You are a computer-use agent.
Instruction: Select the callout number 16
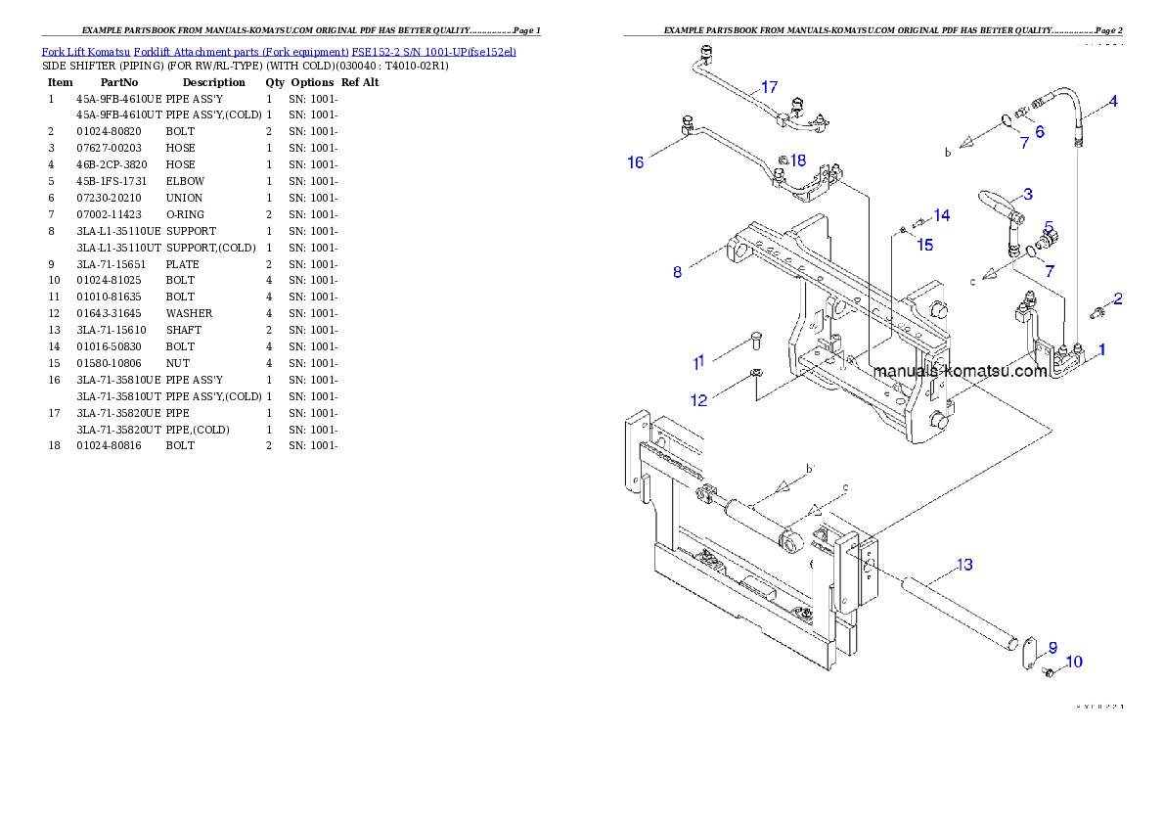(x=636, y=162)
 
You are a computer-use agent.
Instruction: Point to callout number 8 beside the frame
(x=677, y=272)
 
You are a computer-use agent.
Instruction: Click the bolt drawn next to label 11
(x=756, y=340)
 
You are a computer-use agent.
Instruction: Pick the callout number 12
(x=698, y=400)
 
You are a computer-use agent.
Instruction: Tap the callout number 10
(x=1073, y=663)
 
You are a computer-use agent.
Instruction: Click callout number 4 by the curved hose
(x=1113, y=102)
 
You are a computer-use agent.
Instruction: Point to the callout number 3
(x=1028, y=194)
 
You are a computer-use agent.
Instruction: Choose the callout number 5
(x=1049, y=226)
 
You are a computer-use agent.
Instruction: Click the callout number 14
(x=941, y=215)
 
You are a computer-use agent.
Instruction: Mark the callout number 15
(x=924, y=245)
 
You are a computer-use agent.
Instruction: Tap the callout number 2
(x=1117, y=299)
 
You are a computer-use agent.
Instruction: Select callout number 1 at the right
(x=1101, y=349)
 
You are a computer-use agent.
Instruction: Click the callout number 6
(x=1039, y=131)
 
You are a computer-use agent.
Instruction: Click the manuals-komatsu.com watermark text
(x=960, y=372)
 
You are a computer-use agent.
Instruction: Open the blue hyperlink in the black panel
(x=279, y=51)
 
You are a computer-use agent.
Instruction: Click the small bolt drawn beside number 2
(x=1097, y=312)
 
